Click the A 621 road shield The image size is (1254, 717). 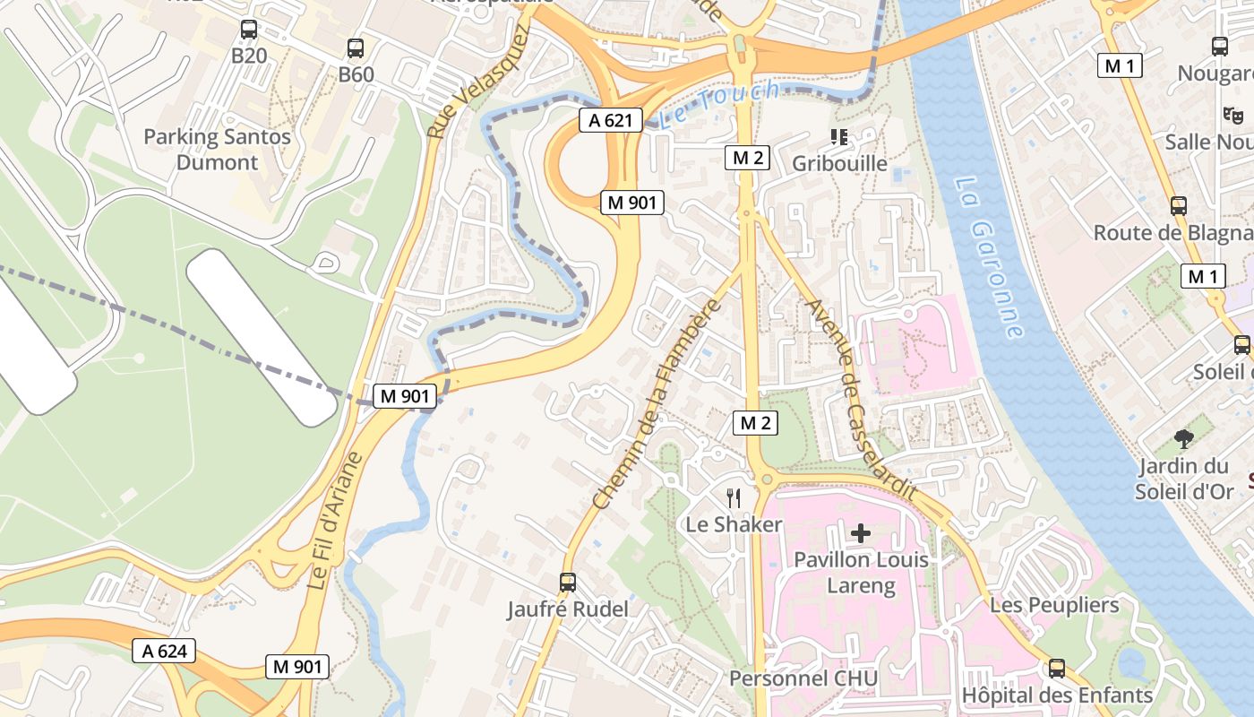tap(612, 121)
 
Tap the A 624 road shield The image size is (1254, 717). tap(165, 651)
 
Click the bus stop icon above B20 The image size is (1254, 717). tap(249, 29)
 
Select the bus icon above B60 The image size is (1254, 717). tap(356, 48)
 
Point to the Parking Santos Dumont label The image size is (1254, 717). tap(218, 150)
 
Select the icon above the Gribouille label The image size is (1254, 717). tap(839, 137)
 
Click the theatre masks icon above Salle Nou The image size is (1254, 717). tap(1233, 115)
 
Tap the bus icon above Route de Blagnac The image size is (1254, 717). tap(1179, 206)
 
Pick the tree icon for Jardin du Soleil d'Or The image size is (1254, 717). tap(1184, 439)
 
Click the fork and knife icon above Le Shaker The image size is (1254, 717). tap(734, 498)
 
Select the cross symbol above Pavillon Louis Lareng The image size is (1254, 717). tap(860, 534)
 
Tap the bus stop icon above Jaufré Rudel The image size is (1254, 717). tap(568, 583)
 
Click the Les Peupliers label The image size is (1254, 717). tap(1054, 605)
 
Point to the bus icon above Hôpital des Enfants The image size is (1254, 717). tap(1057, 669)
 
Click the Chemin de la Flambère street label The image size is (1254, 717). tap(658, 404)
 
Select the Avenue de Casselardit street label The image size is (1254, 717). tap(860, 400)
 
